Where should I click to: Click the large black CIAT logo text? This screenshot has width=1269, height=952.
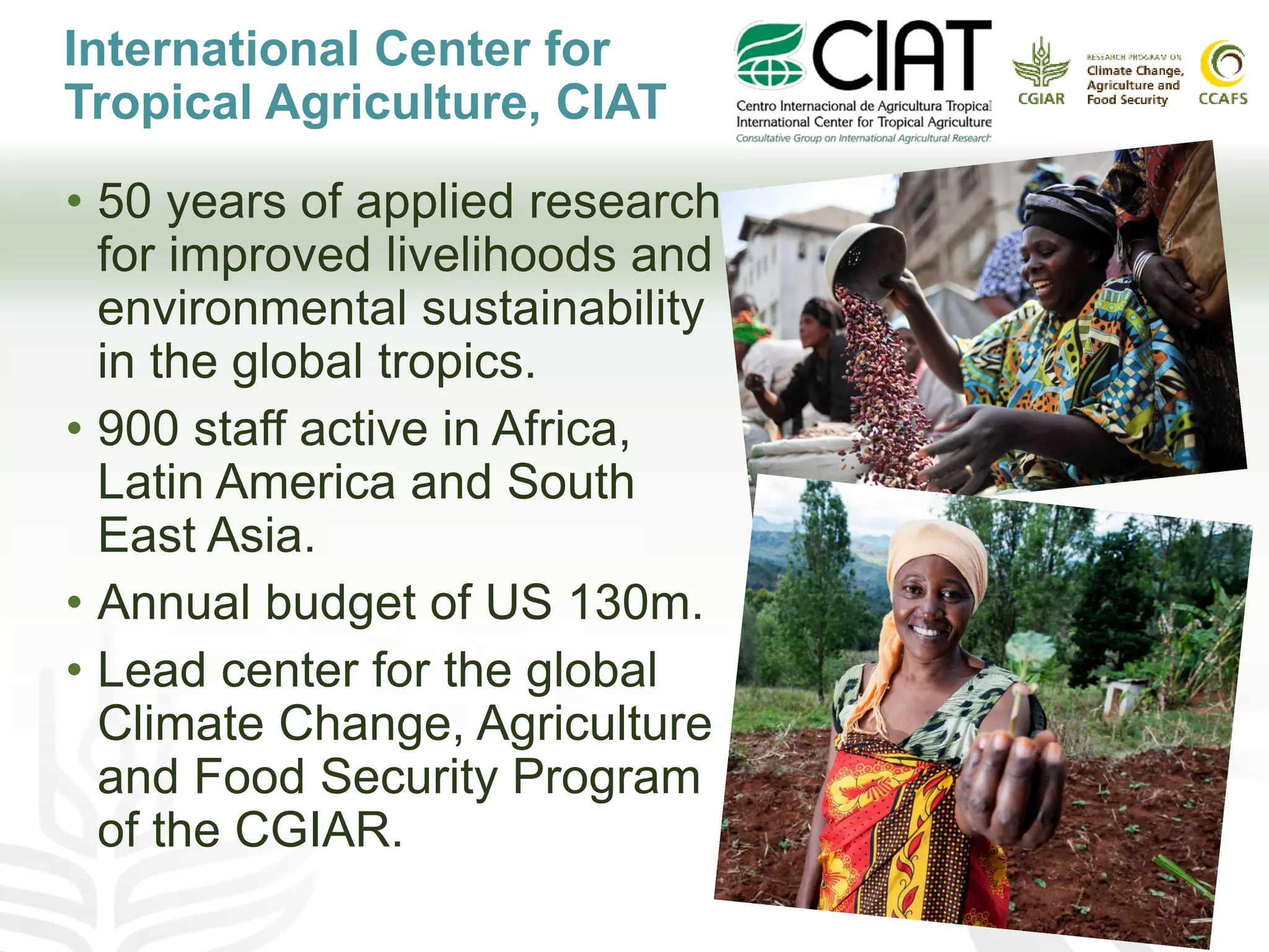point(902,56)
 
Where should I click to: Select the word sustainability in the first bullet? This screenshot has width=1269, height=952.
point(563,308)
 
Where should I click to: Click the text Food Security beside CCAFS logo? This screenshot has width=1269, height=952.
point(1126,100)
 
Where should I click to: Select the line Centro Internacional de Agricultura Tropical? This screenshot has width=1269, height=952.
point(864,106)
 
